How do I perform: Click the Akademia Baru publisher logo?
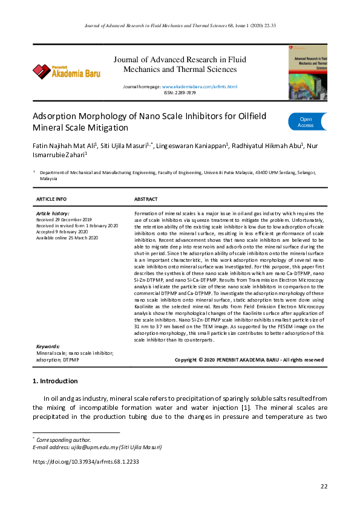click(x=67, y=71)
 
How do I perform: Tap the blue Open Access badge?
click(x=307, y=122)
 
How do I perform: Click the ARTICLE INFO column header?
click(x=51, y=199)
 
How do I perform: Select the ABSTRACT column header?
click(x=146, y=199)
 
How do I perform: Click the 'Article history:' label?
click(x=53, y=213)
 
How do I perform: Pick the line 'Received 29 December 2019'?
click(x=64, y=219)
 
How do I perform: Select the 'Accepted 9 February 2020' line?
click(x=62, y=232)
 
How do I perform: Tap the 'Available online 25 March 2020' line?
click(x=67, y=238)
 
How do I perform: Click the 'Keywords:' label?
click(x=48, y=346)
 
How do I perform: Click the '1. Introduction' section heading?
click(x=54, y=381)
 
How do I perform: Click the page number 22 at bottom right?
click(x=324, y=487)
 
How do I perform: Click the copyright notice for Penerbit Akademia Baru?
click(x=249, y=360)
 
